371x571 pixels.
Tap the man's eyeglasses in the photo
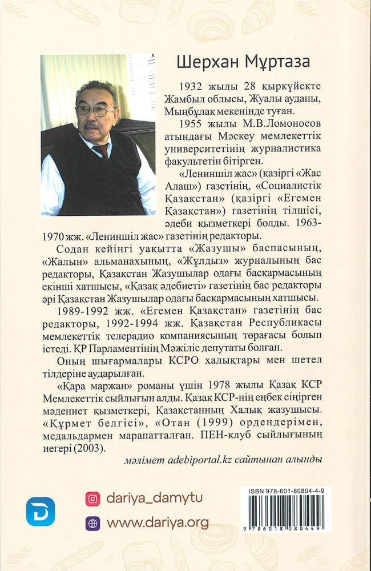coord(94,110)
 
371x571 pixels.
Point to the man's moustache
coord(91,124)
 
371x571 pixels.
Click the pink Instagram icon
coord(92,498)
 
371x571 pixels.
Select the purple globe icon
coord(92,523)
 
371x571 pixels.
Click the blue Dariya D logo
coord(41,511)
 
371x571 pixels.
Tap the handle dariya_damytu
coord(154,498)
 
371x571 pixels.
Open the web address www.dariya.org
coord(158,523)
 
